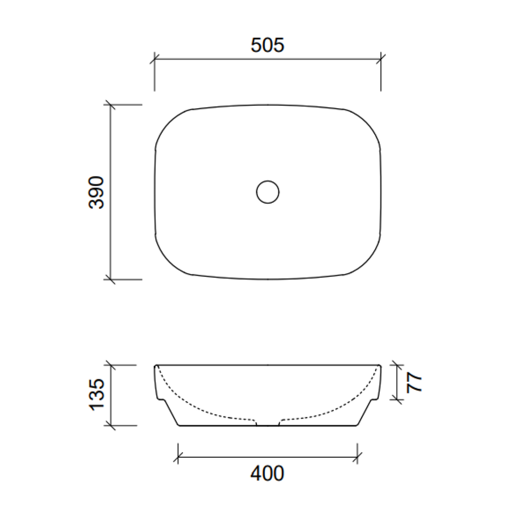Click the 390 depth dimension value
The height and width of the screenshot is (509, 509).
pos(96,192)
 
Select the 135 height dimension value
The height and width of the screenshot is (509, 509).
pos(96,395)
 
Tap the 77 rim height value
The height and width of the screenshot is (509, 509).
pos(414,382)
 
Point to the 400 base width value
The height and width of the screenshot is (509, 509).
pos(267,473)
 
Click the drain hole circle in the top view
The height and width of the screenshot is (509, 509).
pos(267,192)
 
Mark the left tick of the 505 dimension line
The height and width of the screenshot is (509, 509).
pos(154,59)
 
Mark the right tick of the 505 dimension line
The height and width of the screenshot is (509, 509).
pos(381,59)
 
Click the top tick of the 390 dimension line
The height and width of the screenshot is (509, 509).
pos(110,105)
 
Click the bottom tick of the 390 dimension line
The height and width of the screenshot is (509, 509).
pos(110,279)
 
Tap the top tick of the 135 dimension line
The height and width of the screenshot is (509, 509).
pos(110,365)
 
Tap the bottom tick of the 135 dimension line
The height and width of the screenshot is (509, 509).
pos(110,426)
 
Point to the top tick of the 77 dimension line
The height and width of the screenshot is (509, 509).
pos(396,365)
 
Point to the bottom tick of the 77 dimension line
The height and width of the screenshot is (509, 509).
pos(396,398)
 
